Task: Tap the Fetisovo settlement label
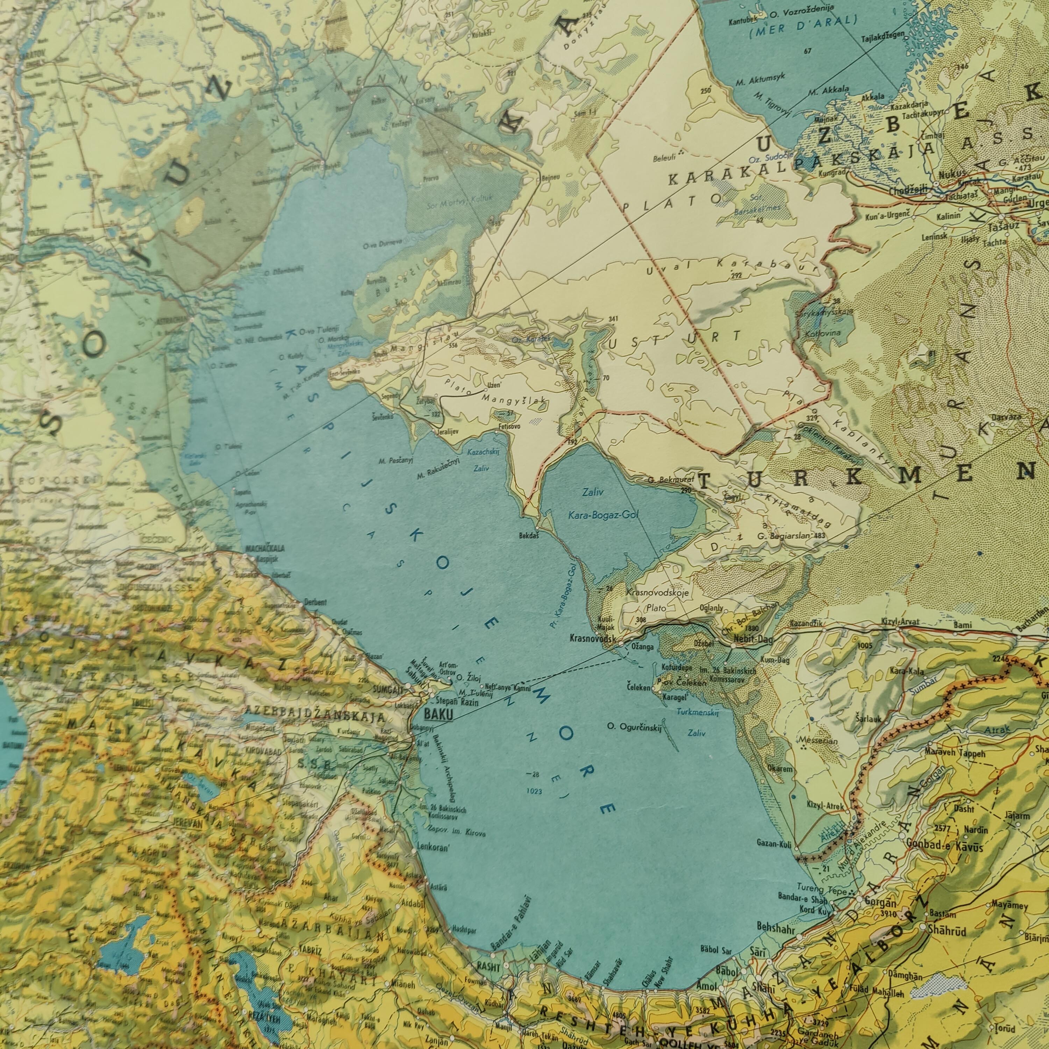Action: [509, 427]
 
